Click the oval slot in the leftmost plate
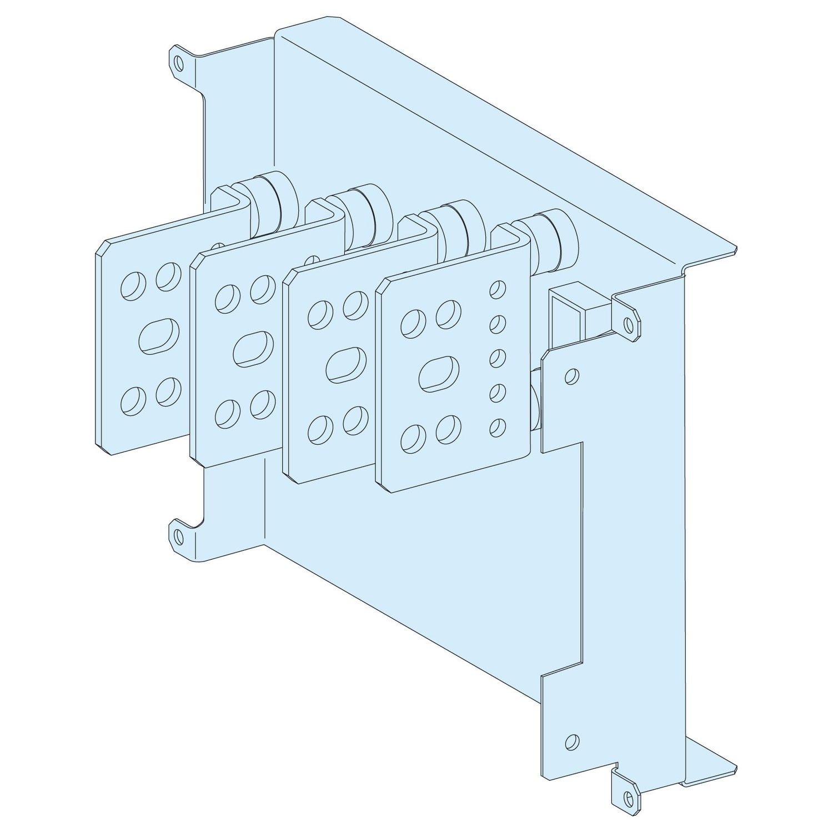pyautogui.click(x=159, y=335)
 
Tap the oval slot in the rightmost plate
pyautogui.click(x=439, y=373)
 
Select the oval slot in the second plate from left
pyautogui.click(x=254, y=349)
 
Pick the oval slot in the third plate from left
pyautogui.click(x=347, y=365)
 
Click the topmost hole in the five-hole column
pyautogui.click(x=498, y=289)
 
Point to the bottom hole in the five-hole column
pyautogui.click(x=498, y=426)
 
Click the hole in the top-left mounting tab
pyautogui.click(x=178, y=63)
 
